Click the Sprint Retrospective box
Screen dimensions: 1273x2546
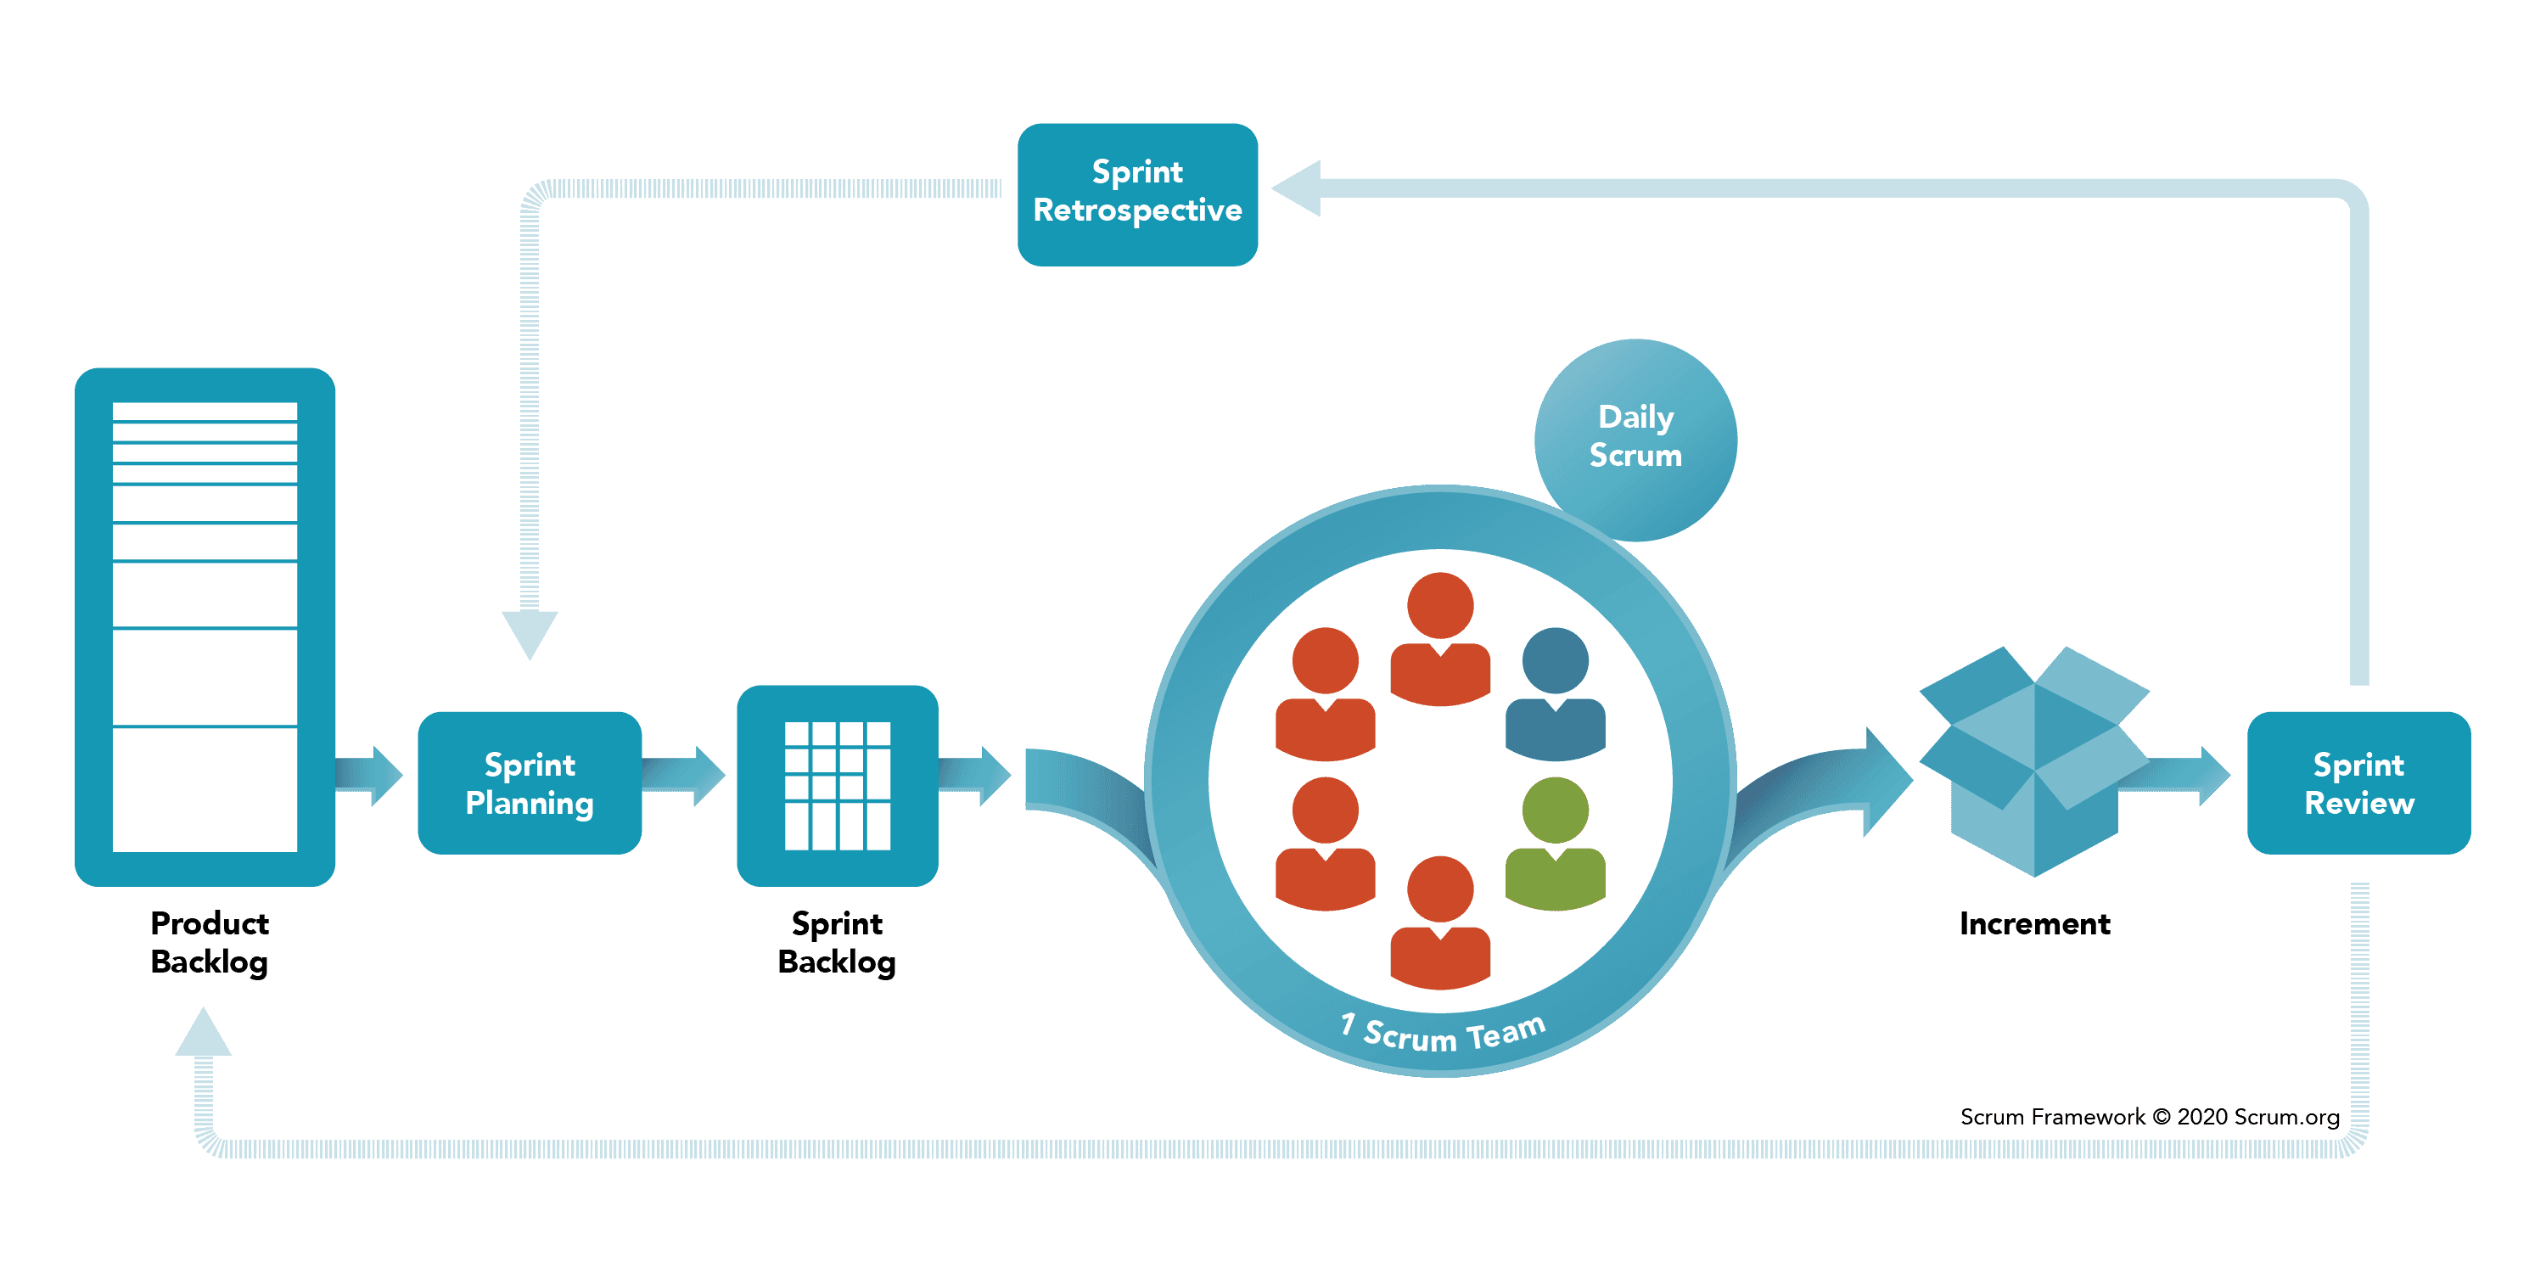coord(1136,193)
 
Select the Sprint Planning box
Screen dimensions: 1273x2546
coord(530,782)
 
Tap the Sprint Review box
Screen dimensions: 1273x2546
coord(2358,782)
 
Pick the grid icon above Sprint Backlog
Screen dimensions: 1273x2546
coord(837,786)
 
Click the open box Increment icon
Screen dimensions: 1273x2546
coord(2033,761)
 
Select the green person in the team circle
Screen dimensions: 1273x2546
coord(1555,845)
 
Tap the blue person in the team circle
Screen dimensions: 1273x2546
coord(1555,695)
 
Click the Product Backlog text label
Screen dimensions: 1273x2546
coord(209,942)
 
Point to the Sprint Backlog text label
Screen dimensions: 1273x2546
coord(836,942)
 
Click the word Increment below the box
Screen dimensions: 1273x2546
coord(2034,923)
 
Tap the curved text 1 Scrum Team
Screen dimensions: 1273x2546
coord(1443,1034)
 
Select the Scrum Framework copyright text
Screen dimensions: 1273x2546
coord(2149,1117)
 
